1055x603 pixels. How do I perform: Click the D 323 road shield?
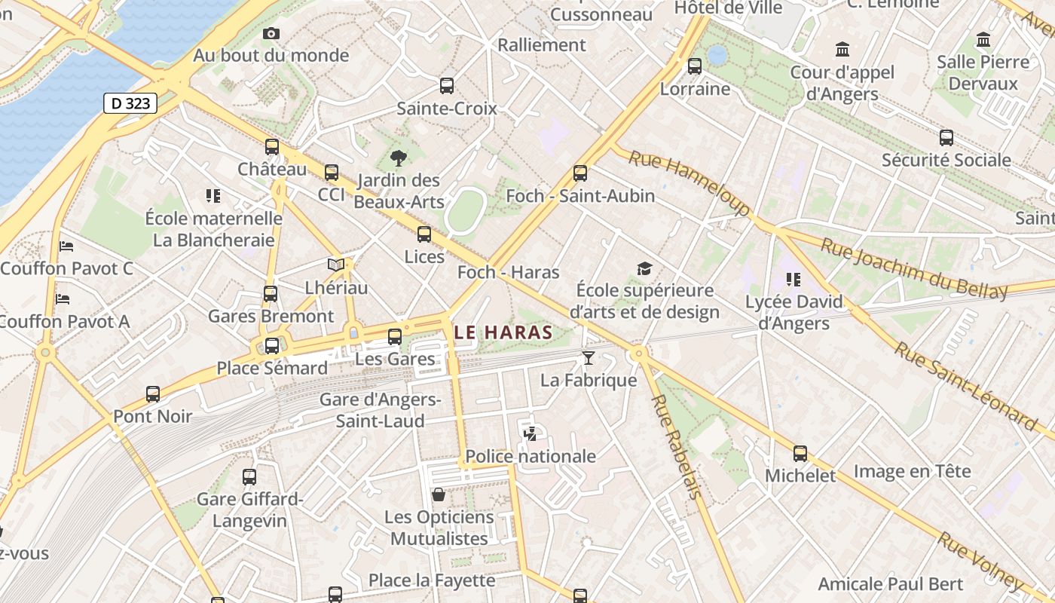click(x=130, y=103)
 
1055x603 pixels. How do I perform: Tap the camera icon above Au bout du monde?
click(x=271, y=33)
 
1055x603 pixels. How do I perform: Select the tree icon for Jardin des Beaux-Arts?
click(x=398, y=158)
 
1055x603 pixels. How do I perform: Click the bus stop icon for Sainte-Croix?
click(x=447, y=86)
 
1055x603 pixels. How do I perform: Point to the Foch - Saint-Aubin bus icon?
click(x=579, y=173)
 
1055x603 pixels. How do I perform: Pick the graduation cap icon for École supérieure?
click(x=644, y=269)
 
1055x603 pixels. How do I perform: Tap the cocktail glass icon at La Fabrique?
click(x=589, y=358)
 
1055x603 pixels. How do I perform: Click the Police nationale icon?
click(x=531, y=433)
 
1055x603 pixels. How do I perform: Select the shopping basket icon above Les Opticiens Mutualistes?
click(x=439, y=494)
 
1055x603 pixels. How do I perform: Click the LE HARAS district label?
click(x=503, y=332)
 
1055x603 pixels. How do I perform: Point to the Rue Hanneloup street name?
click(x=689, y=182)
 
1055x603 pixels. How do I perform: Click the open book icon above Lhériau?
click(x=336, y=265)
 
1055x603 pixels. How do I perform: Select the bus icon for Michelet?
click(x=800, y=454)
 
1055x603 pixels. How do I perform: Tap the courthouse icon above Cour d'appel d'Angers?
click(x=842, y=50)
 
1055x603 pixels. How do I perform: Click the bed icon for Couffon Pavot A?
click(x=63, y=299)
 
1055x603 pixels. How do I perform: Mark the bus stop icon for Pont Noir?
click(x=153, y=394)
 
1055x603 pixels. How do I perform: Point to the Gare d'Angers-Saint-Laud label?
click(x=381, y=410)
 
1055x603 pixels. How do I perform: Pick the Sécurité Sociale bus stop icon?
click(x=946, y=138)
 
